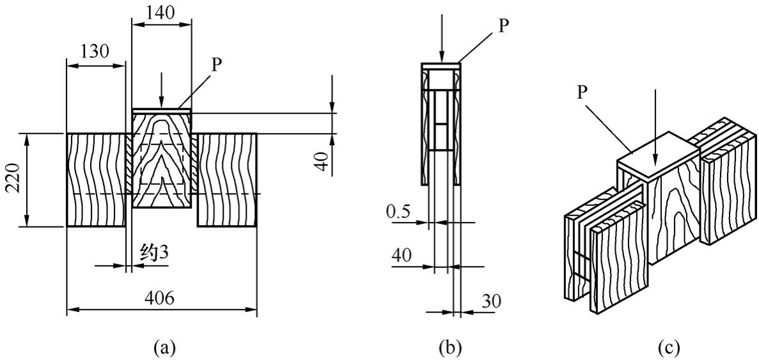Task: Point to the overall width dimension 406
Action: coord(161,299)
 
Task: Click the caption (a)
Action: coord(162,347)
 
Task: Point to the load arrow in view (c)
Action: coord(656,128)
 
